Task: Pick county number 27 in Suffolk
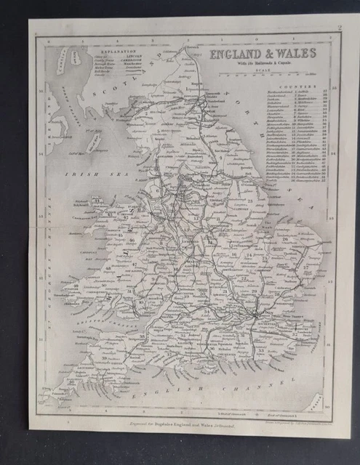[305, 267]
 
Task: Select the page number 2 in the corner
[338, 29]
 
